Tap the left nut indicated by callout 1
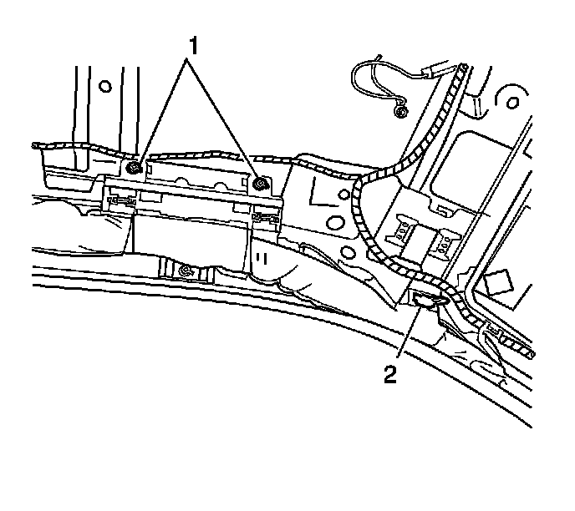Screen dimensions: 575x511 coord(134,169)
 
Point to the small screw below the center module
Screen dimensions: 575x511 coord(186,270)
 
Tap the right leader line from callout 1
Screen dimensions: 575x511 coord(226,116)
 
